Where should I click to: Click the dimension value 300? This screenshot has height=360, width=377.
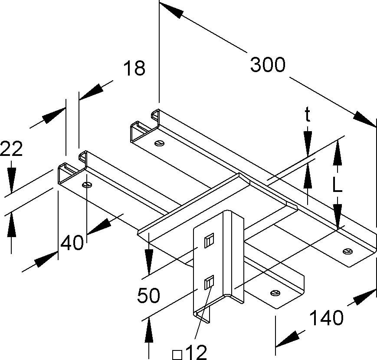click(268, 65)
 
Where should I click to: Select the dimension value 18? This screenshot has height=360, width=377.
click(134, 69)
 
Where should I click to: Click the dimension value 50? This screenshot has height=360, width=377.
click(149, 296)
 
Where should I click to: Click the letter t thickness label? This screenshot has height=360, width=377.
click(308, 115)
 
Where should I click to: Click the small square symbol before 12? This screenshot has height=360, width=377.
click(177, 353)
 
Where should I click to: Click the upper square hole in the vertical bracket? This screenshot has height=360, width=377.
click(209, 240)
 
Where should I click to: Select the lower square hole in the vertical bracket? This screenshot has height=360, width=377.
click(209, 283)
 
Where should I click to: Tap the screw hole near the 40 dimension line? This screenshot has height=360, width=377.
click(87, 185)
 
